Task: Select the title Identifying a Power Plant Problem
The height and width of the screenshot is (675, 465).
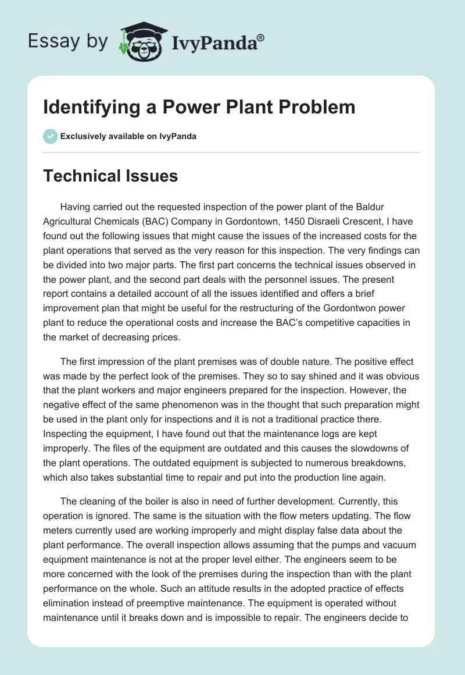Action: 199,107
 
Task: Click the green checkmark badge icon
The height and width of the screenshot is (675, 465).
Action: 50,136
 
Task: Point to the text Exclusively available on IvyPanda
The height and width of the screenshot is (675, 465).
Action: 128,136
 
